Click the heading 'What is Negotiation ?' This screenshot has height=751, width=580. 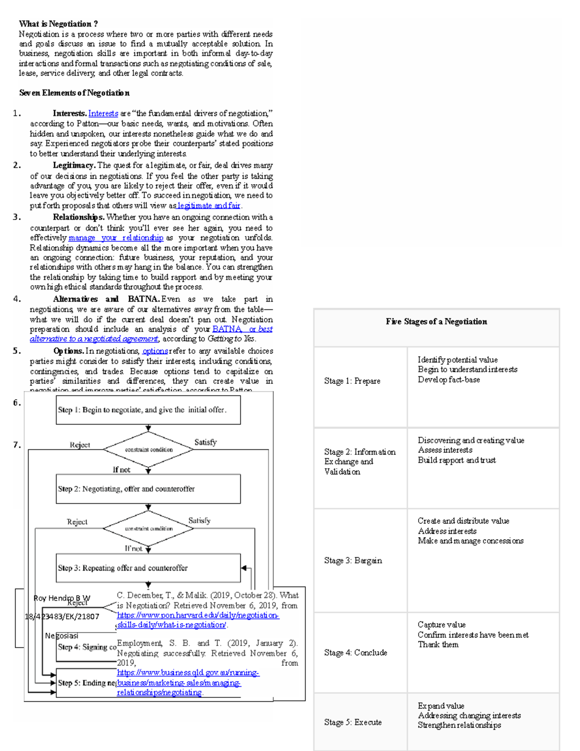coord(58,24)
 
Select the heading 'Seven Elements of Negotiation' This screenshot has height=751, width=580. coord(74,93)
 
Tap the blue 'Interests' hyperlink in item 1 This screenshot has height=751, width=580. coord(103,114)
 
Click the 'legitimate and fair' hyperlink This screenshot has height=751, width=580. coord(209,206)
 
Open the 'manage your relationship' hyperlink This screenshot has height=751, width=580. coord(116,238)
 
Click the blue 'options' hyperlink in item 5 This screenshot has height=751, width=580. coord(155,351)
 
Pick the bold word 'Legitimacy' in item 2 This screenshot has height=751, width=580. coord(73,165)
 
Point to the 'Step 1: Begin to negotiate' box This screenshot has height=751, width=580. coord(148,410)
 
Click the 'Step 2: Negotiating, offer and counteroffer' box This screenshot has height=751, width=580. coord(148,489)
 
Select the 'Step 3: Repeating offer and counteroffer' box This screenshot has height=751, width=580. coord(148,568)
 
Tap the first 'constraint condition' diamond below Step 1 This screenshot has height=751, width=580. coord(148,450)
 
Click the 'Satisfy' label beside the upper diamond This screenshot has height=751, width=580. coord(205,442)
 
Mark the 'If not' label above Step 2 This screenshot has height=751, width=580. coord(121,470)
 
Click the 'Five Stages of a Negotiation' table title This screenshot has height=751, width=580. coord(436,322)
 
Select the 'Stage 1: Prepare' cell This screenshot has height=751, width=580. coord(352,381)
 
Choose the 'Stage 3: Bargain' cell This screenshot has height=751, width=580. coord(353,560)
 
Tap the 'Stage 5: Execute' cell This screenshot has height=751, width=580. coord(353,722)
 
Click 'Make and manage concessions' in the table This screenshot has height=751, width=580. coord(470,541)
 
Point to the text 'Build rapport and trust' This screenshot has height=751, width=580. coord(457,460)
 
